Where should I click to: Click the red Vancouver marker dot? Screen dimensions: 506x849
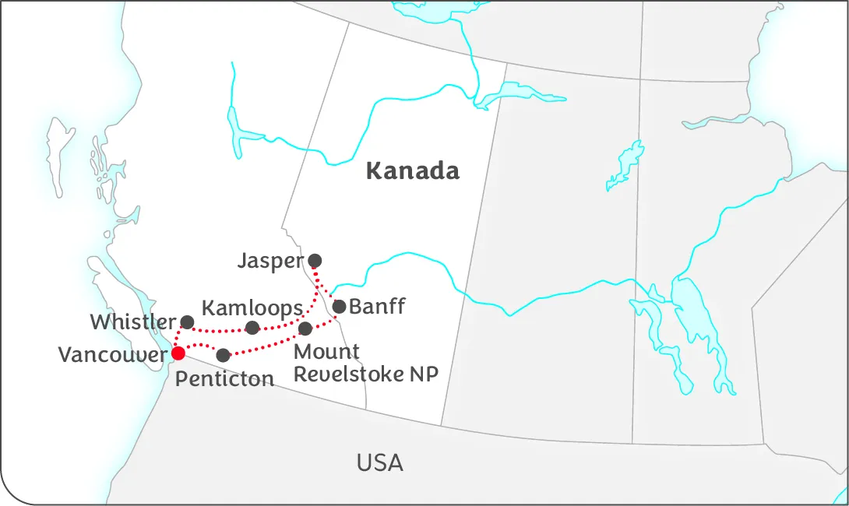pyautogui.click(x=178, y=353)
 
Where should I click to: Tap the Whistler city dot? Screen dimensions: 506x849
pyautogui.click(x=187, y=322)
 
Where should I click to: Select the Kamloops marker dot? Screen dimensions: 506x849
pyautogui.click(x=252, y=328)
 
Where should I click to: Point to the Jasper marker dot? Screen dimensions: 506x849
pyautogui.click(x=315, y=260)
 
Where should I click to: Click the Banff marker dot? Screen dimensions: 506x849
pyautogui.click(x=340, y=306)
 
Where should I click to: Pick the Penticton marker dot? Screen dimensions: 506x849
pyautogui.click(x=224, y=355)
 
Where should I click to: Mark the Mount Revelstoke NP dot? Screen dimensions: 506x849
pyautogui.click(x=305, y=329)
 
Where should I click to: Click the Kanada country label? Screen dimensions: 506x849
pyautogui.click(x=413, y=170)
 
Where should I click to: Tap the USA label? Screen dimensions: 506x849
pyautogui.click(x=380, y=463)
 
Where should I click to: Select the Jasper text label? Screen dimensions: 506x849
pyautogui.click(x=269, y=261)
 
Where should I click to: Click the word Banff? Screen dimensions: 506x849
pyautogui.click(x=377, y=306)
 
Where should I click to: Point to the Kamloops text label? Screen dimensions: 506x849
pyautogui.click(x=252, y=307)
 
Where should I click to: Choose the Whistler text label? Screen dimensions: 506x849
pyautogui.click(x=132, y=322)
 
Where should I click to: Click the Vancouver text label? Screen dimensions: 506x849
pyautogui.click(x=113, y=355)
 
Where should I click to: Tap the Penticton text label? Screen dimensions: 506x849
pyautogui.click(x=224, y=379)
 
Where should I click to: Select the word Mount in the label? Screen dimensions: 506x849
pyautogui.click(x=326, y=352)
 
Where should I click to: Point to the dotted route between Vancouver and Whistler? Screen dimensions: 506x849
pyautogui.click(x=178, y=336)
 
